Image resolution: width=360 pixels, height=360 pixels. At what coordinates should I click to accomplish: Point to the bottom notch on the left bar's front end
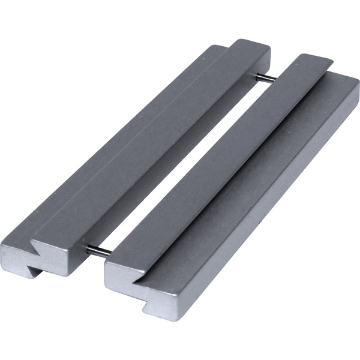(34, 272)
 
